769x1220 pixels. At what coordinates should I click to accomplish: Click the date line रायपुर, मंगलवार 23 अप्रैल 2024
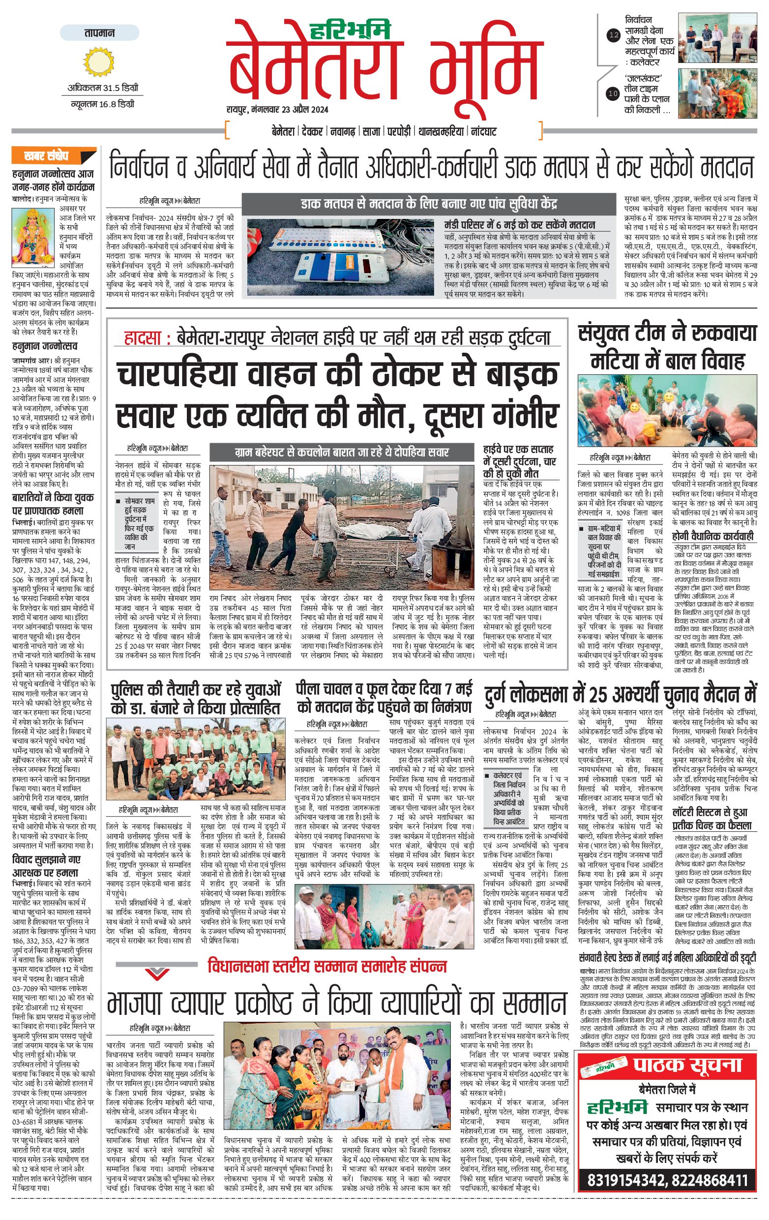coord(277,109)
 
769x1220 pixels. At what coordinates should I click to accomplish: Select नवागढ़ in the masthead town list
coord(343,132)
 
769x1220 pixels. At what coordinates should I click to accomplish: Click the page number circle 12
coord(614,35)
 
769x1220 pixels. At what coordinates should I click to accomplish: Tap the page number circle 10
coord(614,93)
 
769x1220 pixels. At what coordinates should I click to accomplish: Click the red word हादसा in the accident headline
coord(143,338)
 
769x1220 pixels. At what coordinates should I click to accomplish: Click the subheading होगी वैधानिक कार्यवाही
coord(712,536)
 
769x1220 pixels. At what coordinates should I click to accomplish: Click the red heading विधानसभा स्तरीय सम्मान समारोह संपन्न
coord(327,967)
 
